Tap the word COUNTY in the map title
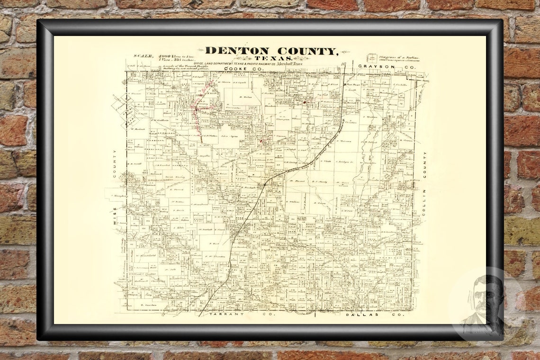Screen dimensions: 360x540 tap(308, 50)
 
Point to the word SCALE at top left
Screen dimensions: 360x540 tap(143, 56)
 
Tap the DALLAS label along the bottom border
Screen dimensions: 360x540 tap(362, 314)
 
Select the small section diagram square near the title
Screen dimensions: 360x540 tap(372, 57)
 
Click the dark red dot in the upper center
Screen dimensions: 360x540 tap(305, 101)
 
